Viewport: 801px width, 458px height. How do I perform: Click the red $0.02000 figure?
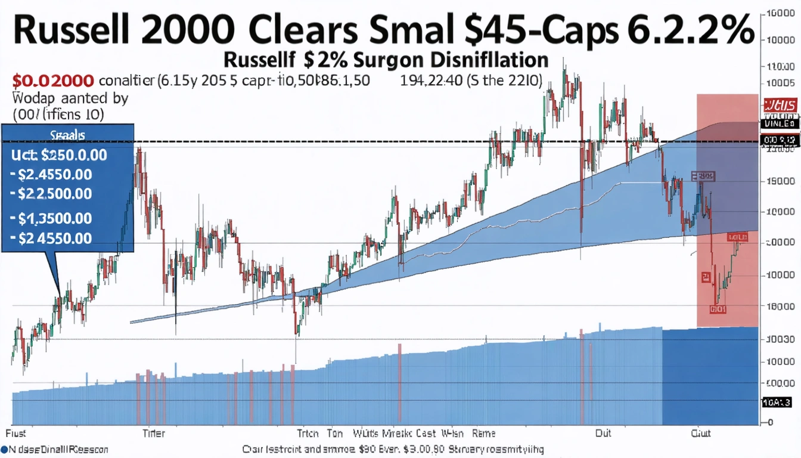(x=52, y=81)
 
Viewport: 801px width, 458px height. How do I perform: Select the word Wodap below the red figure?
(x=32, y=98)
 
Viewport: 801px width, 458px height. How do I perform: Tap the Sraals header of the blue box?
(x=68, y=135)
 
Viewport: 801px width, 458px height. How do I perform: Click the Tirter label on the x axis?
(x=154, y=434)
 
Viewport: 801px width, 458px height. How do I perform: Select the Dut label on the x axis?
(x=603, y=434)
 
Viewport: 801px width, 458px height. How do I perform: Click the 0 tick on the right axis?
(x=770, y=422)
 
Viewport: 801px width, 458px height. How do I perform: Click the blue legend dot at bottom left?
(x=4, y=448)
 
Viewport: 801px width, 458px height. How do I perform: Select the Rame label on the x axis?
(x=483, y=434)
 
